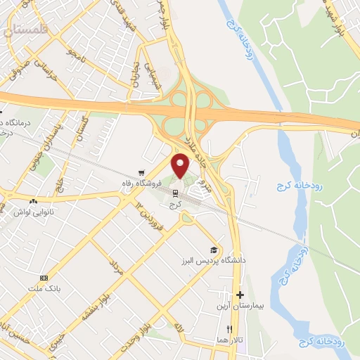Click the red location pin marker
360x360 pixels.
coord(181,167)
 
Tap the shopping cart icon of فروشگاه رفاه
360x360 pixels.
coord(141,172)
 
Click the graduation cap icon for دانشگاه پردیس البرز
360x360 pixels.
coord(213,250)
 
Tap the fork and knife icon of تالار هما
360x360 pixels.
coord(229,329)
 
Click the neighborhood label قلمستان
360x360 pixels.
coord(27,30)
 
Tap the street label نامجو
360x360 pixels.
coord(74,56)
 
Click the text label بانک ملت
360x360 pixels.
coord(44,288)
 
